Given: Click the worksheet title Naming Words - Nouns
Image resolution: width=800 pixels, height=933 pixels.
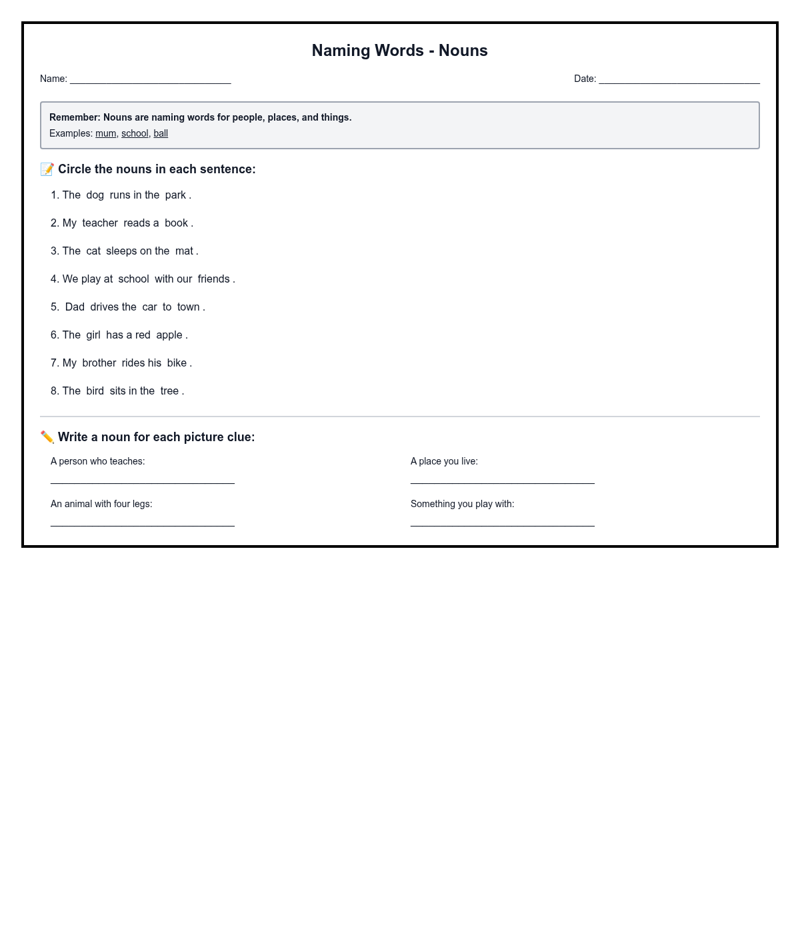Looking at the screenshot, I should pyautogui.click(x=399, y=51).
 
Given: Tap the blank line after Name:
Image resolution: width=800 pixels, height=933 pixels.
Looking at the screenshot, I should pyautogui.click(x=150, y=80).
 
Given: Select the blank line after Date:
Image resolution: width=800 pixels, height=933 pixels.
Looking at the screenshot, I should pyautogui.click(x=679, y=80).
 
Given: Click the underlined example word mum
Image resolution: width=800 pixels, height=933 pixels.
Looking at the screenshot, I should pyautogui.click(x=105, y=133).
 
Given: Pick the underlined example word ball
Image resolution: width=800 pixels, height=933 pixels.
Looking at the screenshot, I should pyautogui.click(x=161, y=133).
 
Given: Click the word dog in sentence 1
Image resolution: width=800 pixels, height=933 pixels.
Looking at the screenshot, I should pyautogui.click(x=95, y=195).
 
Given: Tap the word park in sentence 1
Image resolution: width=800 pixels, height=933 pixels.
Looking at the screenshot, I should pyautogui.click(x=175, y=195).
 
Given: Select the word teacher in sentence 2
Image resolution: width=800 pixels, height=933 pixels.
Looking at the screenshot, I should pyautogui.click(x=100, y=223).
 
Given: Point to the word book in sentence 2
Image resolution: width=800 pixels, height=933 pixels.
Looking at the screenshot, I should pyautogui.click(x=176, y=223).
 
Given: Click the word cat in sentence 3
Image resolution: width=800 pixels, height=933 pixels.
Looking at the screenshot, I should pyautogui.click(x=93, y=251).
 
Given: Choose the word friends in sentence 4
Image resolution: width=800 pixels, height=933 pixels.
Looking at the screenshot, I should pyautogui.click(x=213, y=279).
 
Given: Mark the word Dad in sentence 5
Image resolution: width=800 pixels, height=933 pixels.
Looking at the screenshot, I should pyautogui.click(x=75, y=307).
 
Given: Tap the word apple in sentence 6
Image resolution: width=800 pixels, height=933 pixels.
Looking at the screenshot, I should pyautogui.click(x=169, y=335).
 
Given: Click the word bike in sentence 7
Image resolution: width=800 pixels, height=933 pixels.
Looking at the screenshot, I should pyautogui.click(x=177, y=363).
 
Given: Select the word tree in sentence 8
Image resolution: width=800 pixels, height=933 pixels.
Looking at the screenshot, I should pyautogui.click(x=169, y=391).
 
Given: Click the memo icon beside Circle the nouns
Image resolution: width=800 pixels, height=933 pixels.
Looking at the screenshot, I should pyautogui.click(x=47, y=169).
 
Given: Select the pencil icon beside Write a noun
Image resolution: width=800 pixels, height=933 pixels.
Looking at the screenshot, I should pyautogui.click(x=47, y=437).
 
